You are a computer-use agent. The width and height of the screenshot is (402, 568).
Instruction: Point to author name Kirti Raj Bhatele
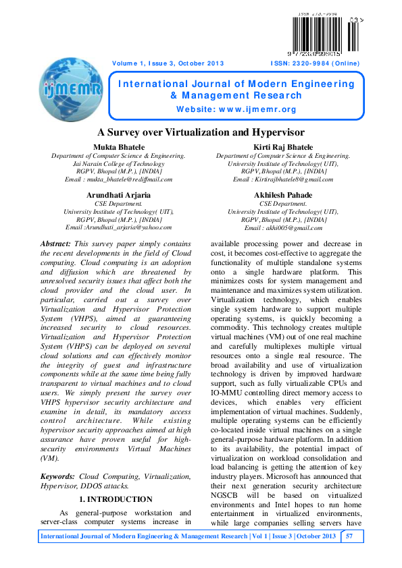click(283, 147)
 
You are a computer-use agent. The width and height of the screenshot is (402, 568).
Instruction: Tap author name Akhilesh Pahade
click(283, 195)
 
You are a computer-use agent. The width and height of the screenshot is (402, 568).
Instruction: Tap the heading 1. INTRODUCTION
click(116, 499)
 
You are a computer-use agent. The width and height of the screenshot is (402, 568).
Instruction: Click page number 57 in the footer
click(349, 536)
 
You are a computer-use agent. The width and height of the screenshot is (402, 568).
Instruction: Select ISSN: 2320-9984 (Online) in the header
click(315, 63)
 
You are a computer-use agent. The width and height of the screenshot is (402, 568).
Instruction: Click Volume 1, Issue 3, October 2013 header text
click(168, 63)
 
